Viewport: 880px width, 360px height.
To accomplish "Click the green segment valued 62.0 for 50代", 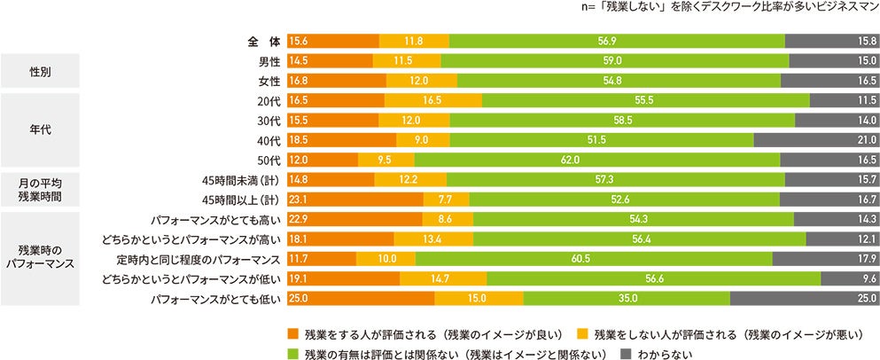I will point(596,160).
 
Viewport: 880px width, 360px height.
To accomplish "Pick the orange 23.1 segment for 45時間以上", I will point(355,200).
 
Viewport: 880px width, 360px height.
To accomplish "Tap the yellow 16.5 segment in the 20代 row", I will point(433,101).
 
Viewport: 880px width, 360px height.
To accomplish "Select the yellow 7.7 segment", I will point(439,200).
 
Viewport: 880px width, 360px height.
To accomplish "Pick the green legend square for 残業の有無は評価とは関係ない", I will point(292,353).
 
